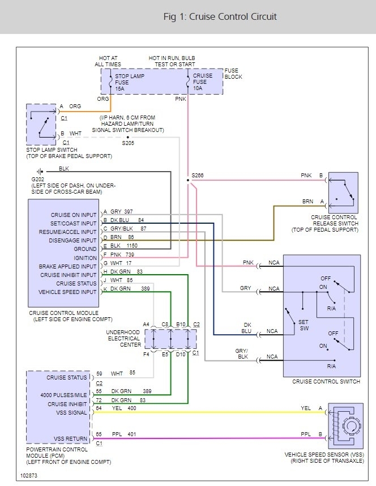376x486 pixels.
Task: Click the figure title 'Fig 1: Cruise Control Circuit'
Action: [220, 16]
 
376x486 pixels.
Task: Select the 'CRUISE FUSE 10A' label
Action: [203, 81]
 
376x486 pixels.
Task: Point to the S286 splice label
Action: [198, 176]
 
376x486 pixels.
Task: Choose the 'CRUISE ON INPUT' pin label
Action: [74, 214]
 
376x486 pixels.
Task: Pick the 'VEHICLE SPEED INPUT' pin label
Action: [67, 292]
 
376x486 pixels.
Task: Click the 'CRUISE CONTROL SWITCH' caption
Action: [326, 381]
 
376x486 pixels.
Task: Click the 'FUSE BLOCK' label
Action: [233, 73]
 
